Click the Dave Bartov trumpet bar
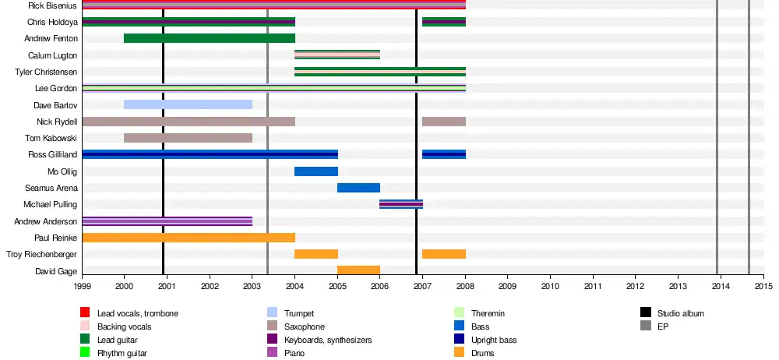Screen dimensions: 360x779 188,104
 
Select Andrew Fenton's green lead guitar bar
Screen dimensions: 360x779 209,38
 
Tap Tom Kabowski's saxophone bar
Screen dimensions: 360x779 188,138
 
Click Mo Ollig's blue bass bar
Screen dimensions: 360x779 315,171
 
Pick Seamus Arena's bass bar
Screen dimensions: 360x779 358,188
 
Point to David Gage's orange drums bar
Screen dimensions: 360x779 358,270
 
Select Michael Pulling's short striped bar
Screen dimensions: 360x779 401,204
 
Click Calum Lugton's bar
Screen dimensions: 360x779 337,55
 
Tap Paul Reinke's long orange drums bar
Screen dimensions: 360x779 188,238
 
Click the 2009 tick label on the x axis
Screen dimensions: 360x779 507,287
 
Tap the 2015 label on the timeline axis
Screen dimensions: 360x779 763,287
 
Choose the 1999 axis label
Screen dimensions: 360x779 82,287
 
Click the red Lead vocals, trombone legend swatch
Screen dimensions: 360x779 86,313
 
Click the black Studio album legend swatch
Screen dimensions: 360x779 646,313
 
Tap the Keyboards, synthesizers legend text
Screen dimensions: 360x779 328,340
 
